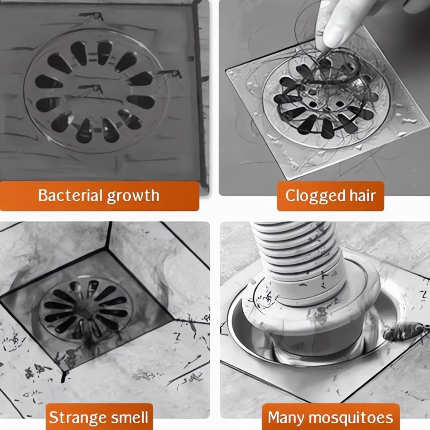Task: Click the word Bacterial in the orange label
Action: click(x=70, y=196)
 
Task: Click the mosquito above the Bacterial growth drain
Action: click(x=92, y=16)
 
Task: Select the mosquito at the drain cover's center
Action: click(x=91, y=89)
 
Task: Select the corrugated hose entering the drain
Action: click(x=290, y=258)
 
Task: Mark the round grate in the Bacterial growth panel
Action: click(x=95, y=92)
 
